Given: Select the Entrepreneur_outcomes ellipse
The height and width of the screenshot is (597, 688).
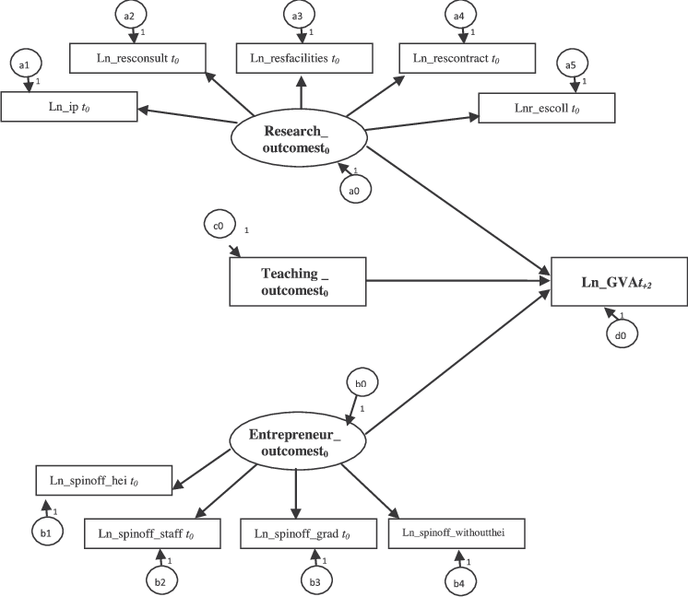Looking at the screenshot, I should pyautogui.click(x=294, y=442).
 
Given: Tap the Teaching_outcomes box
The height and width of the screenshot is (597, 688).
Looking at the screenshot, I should pyautogui.click(x=298, y=280).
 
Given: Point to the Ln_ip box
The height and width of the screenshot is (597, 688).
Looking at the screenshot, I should pyautogui.click(x=69, y=107).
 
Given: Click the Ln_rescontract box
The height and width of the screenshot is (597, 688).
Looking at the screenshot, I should pyautogui.click(x=467, y=58).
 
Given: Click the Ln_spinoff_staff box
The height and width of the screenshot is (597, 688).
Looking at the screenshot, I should pyautogui.click(x=152, y=533).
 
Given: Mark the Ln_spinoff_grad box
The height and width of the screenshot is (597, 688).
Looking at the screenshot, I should pyautogui.click(x=309, y=533).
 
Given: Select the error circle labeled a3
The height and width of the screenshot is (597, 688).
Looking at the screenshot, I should pyautogui.click(x=297, y=16).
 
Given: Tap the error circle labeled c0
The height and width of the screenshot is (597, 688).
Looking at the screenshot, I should pyautogui.click(x=220, y=223).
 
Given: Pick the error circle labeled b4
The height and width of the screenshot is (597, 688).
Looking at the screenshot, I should pyautogui.click(x=458, y=581).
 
